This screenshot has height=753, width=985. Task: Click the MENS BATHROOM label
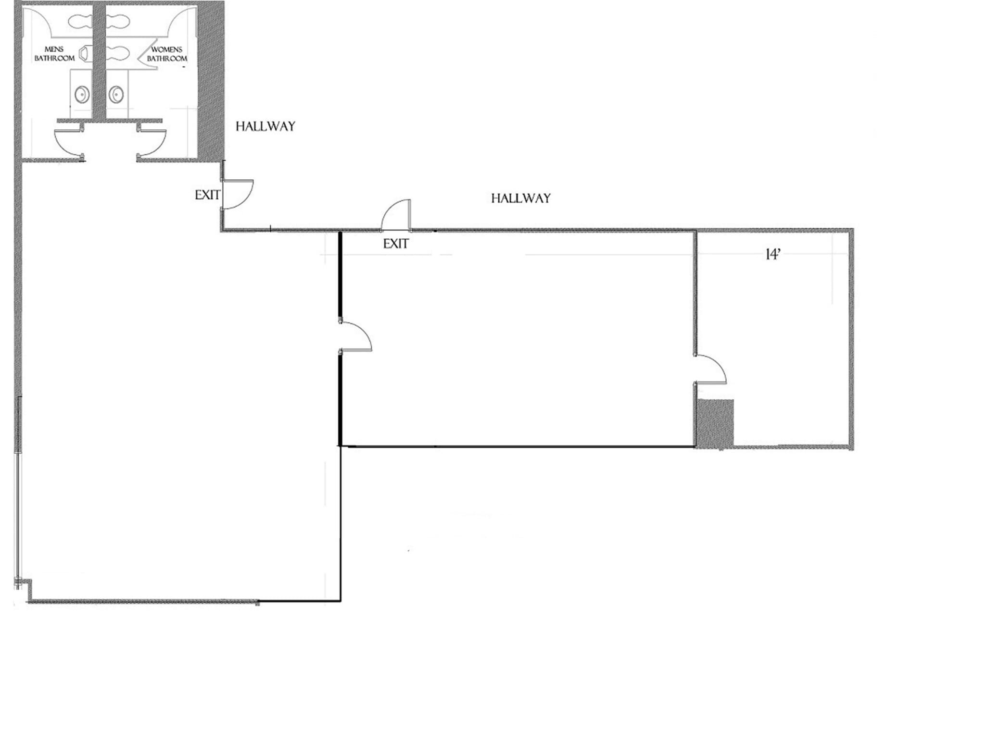pos(54,54)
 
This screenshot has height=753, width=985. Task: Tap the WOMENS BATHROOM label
pos(167,54)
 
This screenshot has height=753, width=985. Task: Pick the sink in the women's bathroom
pos(116,94)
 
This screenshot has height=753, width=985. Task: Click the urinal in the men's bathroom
pos(85,53)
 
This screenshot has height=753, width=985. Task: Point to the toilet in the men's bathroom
pos(80,21)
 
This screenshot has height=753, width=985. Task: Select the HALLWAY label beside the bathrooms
pos(265,126)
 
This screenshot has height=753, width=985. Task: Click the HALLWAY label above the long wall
pos(520,198)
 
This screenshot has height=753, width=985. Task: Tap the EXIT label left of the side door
pos(207,195)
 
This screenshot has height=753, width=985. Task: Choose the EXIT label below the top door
pos(395,244)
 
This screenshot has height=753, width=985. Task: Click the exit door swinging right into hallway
pos(238,194)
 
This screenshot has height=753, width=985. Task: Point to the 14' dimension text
pos(772,255)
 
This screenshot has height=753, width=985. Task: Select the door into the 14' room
pos(710,369)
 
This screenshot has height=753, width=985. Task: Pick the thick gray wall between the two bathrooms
pos(99,60)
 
